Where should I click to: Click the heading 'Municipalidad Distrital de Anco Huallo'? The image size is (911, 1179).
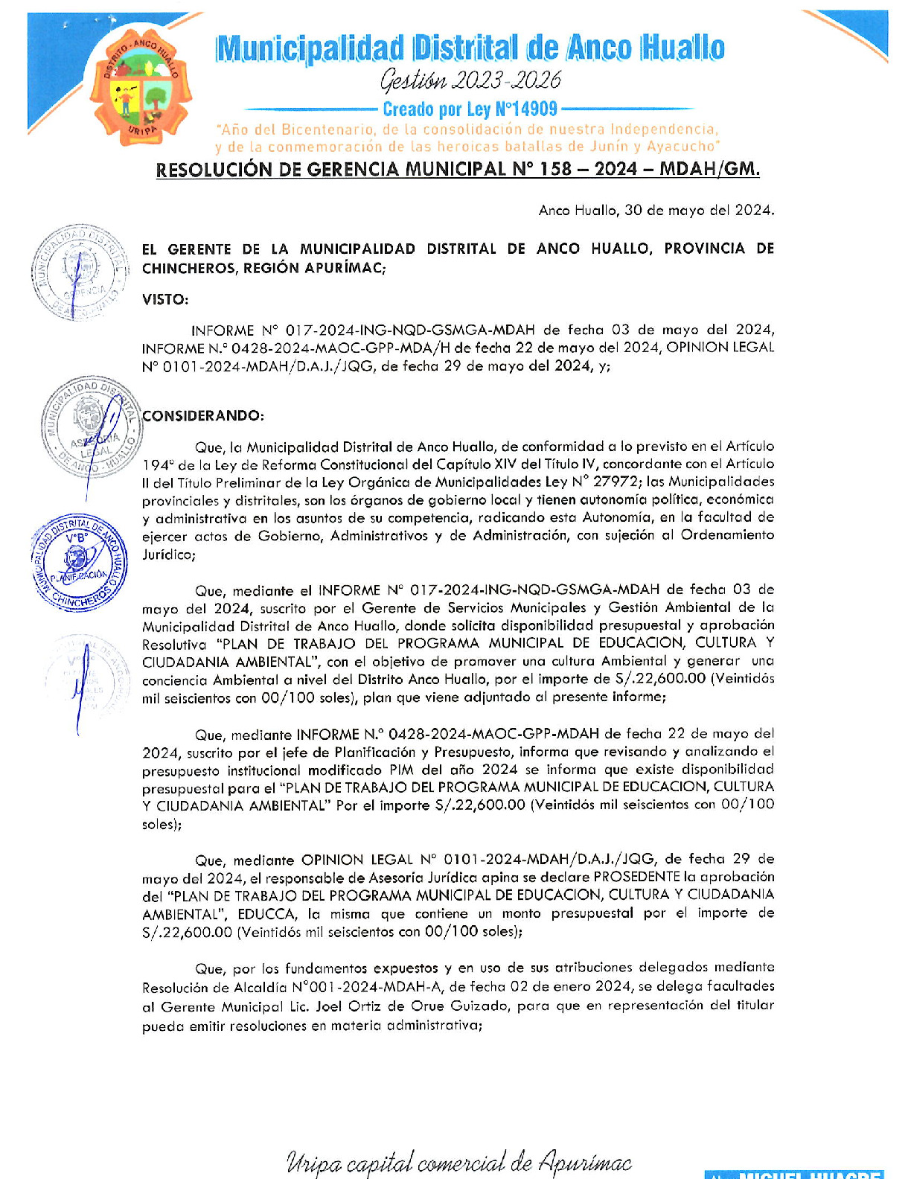(470, 48)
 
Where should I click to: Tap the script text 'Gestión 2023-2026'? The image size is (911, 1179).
(470, 80)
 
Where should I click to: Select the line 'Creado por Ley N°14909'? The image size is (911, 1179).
(470, 109)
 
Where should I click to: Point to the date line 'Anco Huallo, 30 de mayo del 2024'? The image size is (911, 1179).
(656, 210)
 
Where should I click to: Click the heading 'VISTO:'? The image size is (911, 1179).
(165, 299)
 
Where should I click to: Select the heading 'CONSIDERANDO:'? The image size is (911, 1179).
(203, 415)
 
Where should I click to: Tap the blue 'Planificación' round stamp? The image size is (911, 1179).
(78, 562)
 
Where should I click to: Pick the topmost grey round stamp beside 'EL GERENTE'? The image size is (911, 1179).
(77, 272)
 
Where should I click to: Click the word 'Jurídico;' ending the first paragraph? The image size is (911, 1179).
(169, 555)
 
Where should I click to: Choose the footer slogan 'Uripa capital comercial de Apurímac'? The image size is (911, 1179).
(458, 1163)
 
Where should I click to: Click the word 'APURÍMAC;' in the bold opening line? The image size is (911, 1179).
(345, 268)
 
